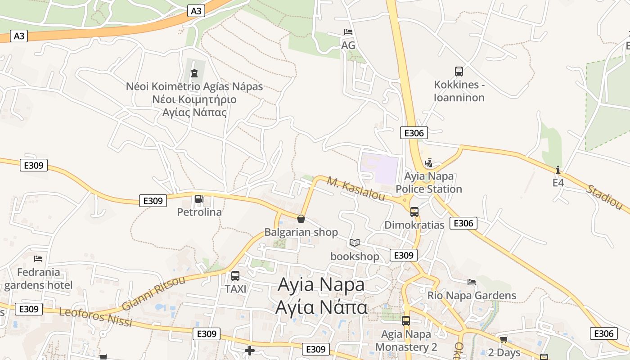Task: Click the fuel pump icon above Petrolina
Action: [x=199, y=199]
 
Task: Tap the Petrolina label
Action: [x=199, y=212]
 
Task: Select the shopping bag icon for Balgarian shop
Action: [x=301, y=219]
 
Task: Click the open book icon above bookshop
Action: [x=355, y=243]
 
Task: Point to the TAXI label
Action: [x=236, y=289]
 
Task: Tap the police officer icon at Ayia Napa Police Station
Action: [x=428, y=163]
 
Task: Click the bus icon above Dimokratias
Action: [x=414, y=211]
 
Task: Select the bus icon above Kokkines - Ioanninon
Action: [x=459, y=71]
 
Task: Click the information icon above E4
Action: [x=558, y=170]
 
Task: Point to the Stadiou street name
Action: [x=604, y=197]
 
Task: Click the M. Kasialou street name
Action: [x=356, y=189]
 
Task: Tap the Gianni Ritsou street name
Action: [x=153, y=293]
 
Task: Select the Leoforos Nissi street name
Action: [x=95, y=317]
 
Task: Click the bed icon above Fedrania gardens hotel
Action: [x=38, y=259]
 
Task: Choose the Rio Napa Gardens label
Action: [x=472, y=296]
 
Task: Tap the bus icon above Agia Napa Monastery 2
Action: [x=406, y=321]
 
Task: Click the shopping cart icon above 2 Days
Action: [x=504, y=339]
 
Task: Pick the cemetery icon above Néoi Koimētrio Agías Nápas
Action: [x=194, y=73]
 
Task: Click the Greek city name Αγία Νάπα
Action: [x=321, y=308]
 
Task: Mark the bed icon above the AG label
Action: [x=348, y=32]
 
